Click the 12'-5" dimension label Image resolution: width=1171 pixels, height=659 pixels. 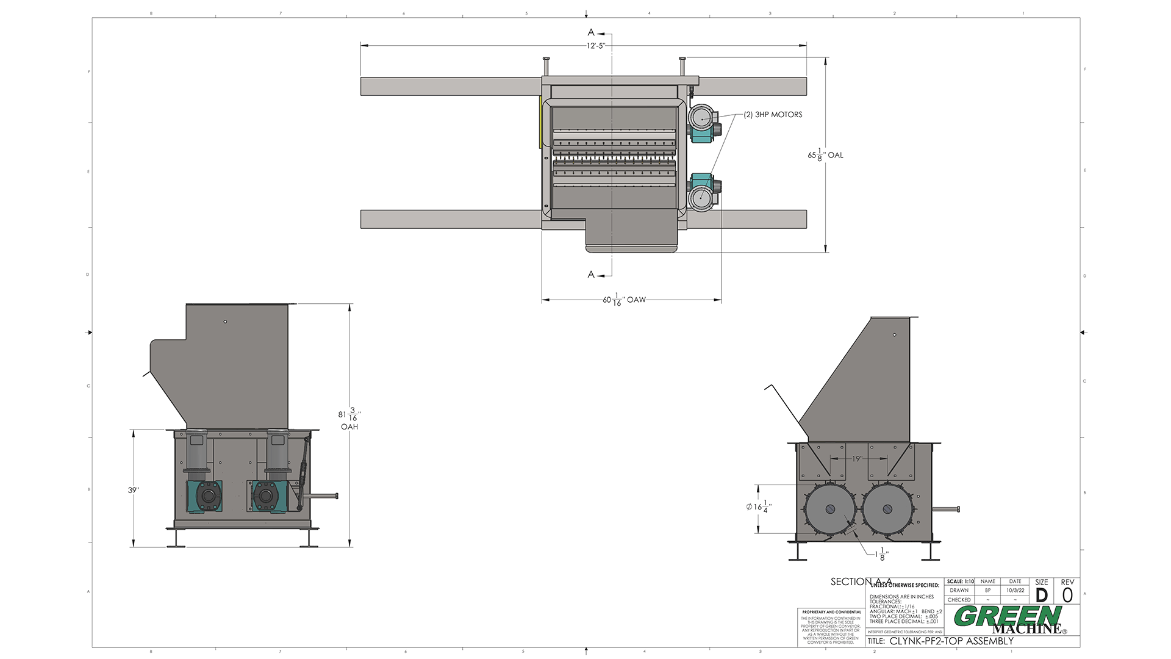[595, 46]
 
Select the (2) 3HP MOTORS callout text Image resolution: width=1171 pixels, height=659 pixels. [773, 115]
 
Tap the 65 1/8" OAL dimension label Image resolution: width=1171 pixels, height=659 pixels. [825, 155]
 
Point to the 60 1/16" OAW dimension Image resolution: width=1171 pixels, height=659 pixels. [623, 300]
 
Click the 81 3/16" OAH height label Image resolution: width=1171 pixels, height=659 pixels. [349, 419]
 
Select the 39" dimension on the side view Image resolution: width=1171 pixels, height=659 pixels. [133, 490]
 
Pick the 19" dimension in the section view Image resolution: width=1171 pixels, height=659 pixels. [856, 459]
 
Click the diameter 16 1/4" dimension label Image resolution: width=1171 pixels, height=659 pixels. [759, 506]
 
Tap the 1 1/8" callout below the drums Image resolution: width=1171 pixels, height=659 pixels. [882, 555]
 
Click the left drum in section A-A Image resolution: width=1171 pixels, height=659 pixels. [831, 510]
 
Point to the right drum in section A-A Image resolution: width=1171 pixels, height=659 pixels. [888, 510]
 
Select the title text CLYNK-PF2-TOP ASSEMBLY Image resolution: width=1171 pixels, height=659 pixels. [951, 641]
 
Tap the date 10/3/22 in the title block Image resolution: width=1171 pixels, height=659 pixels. [1015, 590]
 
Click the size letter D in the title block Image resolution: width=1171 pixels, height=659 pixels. [1042, 595]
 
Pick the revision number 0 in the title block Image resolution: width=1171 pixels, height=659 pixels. [1067, 595]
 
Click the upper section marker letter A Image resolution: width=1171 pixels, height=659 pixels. [591, 32]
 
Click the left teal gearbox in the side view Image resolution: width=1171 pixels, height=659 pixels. [205, 495]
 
